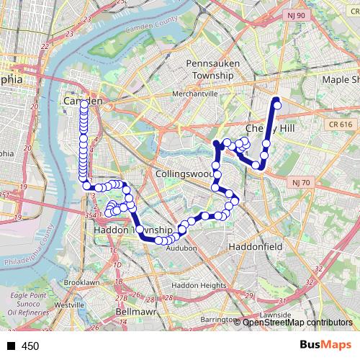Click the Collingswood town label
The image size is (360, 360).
point(184,174)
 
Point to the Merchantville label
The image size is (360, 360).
point(194,94)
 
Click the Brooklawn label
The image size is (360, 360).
point(81,283)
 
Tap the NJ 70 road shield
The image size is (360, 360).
point(300,183)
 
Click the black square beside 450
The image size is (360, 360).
point(11,346)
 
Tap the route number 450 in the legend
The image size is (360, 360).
point(30,346)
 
